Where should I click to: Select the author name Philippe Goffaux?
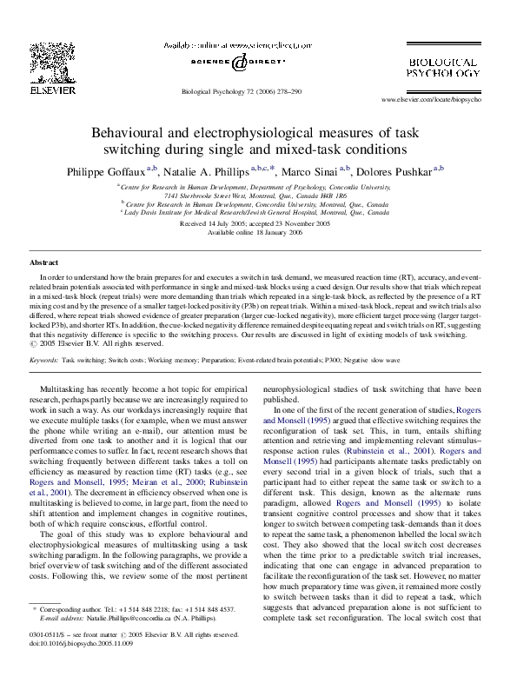103,170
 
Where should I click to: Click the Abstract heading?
44,262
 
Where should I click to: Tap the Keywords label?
44,358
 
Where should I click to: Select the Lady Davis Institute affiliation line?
255,211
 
